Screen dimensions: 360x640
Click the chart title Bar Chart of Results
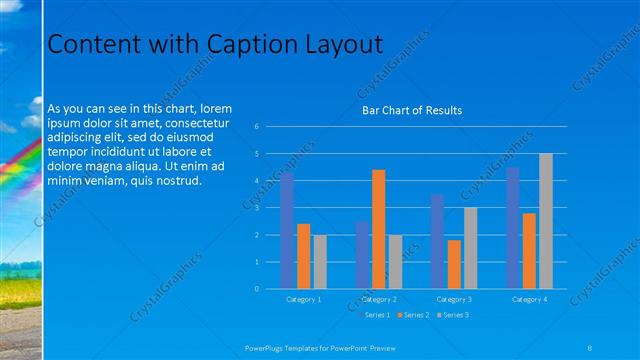pyautogui.click(x=412, y=110)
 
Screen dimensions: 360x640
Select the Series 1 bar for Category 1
pyautogui.click(x=288, y=231)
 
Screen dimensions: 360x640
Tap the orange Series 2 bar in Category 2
pyautogui.click(x=378, y=229)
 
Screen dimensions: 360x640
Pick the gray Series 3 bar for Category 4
pyautogui.click(x=545, y=221)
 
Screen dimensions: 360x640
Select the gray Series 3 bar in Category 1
pyautogui.click(x=319, y=262)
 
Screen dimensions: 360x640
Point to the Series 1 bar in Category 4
pyautogui.click(x=513, y=228)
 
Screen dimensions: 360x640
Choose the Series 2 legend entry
pyautogui.click(x=415, y=315)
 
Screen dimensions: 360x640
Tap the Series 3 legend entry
pyautogui.click(x=454, y=315)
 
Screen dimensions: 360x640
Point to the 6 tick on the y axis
pyautogui.click(x=257, y=127)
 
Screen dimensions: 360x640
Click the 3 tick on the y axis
pyautogui.click(x=257, y=208)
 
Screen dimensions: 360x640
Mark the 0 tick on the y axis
pyautogui.click(x=257, y=289)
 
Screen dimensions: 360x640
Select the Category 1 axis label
pyautogui.click(x=304, y=299)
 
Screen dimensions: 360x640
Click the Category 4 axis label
pyautogui.click(x=529, y=299)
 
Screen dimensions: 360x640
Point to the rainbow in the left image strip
pyautogui.click(x=18, y=165)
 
